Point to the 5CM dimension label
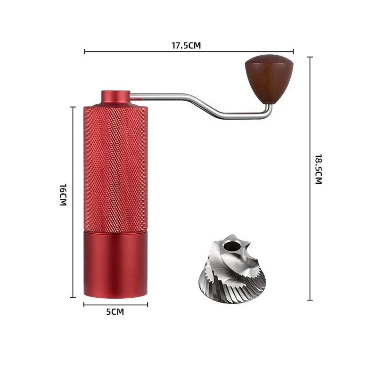tap(115, 312)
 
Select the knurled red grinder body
tap(116, 167)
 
